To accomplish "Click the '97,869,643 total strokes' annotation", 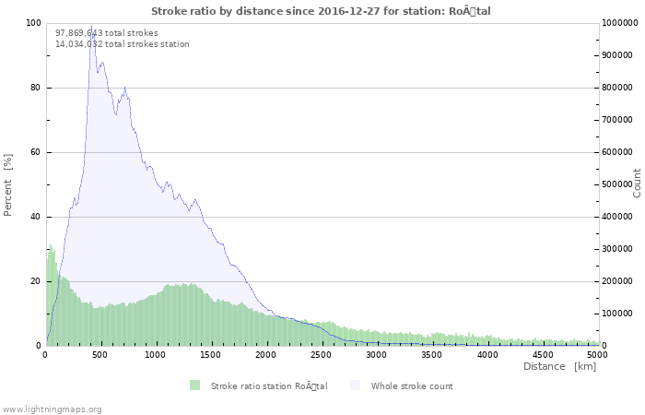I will tap(107, 32).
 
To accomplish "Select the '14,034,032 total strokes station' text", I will tap(123, 43).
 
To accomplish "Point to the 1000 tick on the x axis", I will tap(157, 354).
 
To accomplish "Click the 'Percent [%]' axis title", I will tap(8, 184).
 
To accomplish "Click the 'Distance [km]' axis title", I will tap(559, 366).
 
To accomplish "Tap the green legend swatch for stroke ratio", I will tap(194, 385).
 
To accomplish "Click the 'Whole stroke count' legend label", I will tap(412, 385).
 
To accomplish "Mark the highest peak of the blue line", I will tap(91, 28).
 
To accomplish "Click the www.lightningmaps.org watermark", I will tap(52, 409).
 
